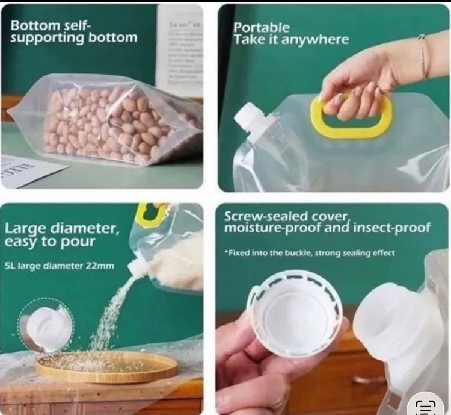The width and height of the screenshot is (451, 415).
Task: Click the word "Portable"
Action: click(261, 28)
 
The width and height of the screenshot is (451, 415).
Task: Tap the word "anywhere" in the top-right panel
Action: click(314, 40)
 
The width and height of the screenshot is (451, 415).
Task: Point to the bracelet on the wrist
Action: click(423, 55)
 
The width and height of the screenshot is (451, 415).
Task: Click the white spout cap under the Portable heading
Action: click(249, 118)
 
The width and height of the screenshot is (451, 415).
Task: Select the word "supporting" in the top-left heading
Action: click(48, 39)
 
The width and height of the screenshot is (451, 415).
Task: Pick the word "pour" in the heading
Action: click(77, 242)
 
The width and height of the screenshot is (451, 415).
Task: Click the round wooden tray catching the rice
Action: click(106, 367)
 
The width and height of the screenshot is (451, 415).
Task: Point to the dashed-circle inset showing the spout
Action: click(46, 326)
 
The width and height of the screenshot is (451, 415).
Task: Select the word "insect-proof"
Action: click(391, 228)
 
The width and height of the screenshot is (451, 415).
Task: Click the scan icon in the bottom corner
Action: click(426, 407)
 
